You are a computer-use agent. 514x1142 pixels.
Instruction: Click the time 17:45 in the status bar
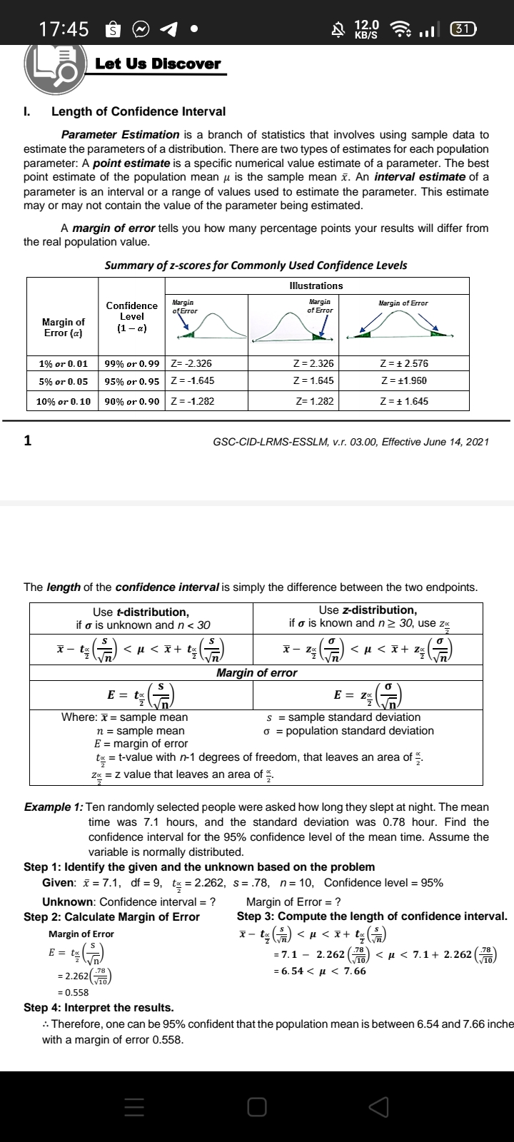[64, 29]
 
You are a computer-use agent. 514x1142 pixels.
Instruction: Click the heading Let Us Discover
[158, 64]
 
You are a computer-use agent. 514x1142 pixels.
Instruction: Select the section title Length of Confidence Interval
[138, 111]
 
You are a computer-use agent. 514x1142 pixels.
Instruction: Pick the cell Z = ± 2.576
[405, 363]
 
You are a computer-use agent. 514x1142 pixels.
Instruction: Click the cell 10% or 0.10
[63, 401]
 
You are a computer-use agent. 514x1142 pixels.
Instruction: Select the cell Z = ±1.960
[405, 381]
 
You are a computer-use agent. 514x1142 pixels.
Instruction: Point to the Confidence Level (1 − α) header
[131, 316]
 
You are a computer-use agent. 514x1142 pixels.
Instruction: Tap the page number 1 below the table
[28, 440]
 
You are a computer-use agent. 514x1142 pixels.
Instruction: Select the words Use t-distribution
[141, 612]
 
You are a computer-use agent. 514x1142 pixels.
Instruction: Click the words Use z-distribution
[368, 610]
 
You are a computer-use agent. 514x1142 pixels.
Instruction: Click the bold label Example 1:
[54, 807]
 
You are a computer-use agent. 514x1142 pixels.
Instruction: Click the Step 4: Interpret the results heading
[99, 1008]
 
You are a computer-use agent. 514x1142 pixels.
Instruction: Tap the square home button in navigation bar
[257, 1106]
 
